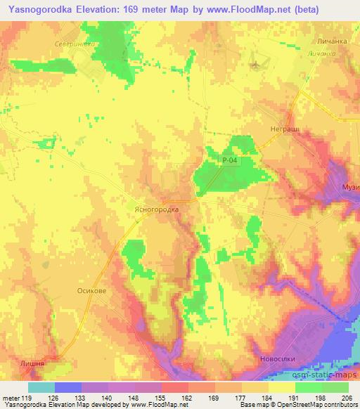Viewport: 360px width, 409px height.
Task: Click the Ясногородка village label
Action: (152, 209)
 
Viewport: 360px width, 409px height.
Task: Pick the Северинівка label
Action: (74, 43)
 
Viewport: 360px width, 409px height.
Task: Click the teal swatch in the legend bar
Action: (41, 387)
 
